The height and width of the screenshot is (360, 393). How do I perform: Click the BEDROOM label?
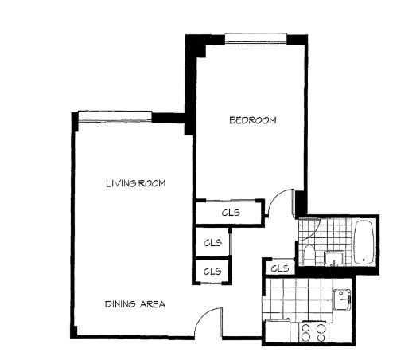tap(252, 121)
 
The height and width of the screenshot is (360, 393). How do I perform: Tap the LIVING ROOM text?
tap(135, 184)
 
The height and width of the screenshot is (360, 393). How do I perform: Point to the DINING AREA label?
tap(134, 304)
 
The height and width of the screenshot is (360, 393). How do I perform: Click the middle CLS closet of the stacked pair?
tap(212, 241)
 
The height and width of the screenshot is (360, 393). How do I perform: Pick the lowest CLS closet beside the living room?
tap(212, 271)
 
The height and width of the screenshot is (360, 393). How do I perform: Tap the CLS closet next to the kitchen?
tap(279, 268)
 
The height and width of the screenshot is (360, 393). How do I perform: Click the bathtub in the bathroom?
tap(364, 242)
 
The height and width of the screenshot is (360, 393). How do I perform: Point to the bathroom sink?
tap(332, 256)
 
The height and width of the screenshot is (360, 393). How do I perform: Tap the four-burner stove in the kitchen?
tap(312, 330)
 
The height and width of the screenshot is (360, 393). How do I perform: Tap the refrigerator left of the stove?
tap(278, 329)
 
